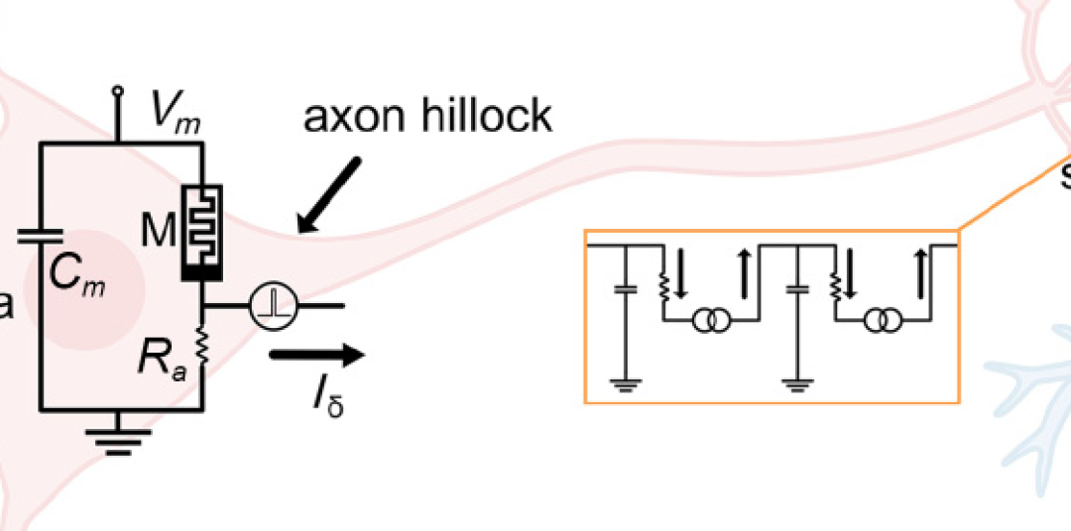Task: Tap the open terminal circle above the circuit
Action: point(120,91)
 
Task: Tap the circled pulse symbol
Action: point(268,306)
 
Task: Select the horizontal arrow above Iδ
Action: point(316,354)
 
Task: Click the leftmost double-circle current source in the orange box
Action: point(710,322)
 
